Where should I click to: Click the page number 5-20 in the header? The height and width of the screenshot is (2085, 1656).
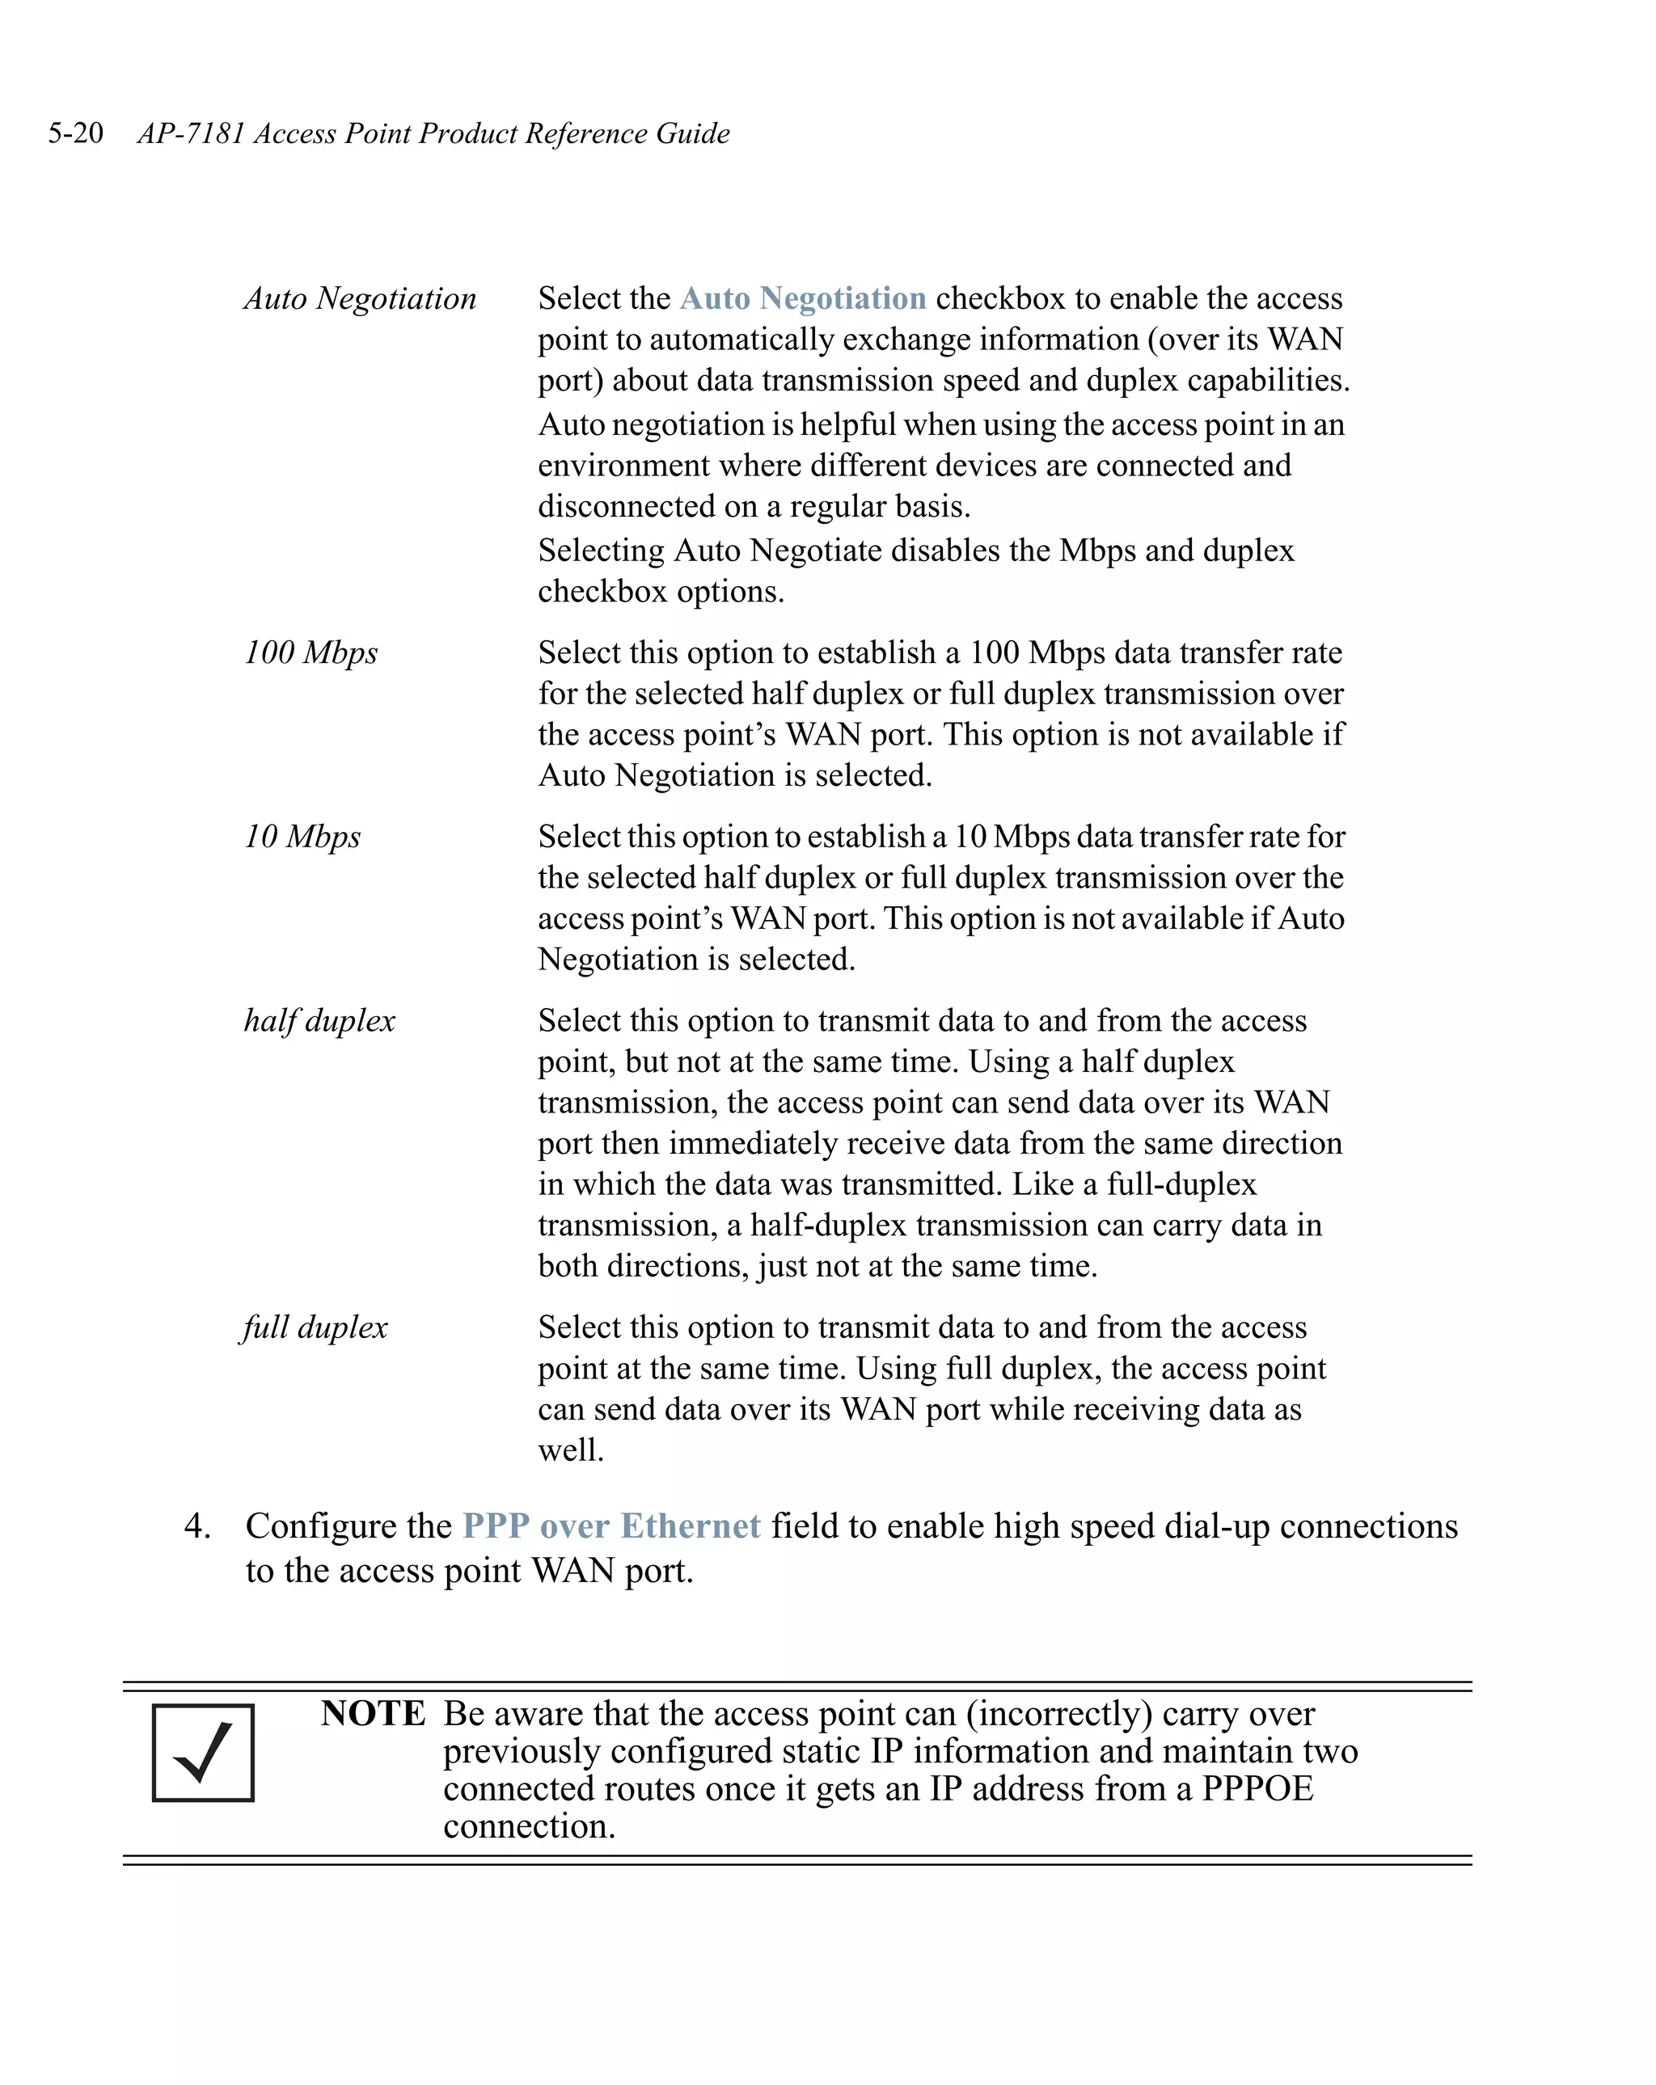click(x=75, y=133)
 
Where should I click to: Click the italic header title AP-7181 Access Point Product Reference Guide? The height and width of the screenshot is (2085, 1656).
click(x=433, y=133)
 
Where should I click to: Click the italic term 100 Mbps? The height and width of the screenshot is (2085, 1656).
click(x=310, y=652)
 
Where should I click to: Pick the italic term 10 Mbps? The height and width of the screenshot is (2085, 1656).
click(x=302, y=836)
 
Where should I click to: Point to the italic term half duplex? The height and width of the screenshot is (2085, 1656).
click(x=319, y=1020)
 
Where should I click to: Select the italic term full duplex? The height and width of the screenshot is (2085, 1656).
click(x=315, y=1327)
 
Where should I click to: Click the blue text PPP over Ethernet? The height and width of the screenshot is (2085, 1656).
click(x=611, y=1525)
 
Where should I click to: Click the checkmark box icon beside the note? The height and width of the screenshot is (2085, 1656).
click(x=203, y=1753)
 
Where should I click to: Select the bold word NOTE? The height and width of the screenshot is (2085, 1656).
click(x=373, y=1712)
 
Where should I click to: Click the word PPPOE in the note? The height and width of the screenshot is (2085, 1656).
click(x=1257, y=1788)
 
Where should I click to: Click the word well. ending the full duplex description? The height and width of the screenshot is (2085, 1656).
click(x=571, y=1450)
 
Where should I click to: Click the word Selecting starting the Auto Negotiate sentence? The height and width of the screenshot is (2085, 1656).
click(x=601, y=551)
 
